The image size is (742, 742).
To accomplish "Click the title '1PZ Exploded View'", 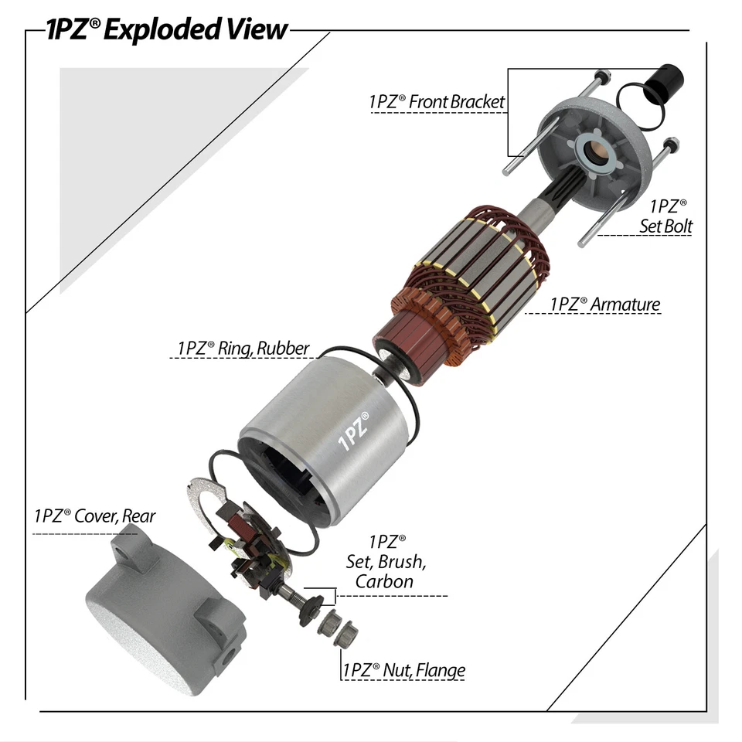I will click(166, 29).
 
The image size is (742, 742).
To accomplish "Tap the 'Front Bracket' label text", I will click(437, 101).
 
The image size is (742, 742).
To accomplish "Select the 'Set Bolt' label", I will click(665, 216).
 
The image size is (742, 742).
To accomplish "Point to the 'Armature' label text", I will click(605, 304).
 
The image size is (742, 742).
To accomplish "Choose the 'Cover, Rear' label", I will click(94, 516).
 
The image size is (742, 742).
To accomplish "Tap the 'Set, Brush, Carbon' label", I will click(384, 562).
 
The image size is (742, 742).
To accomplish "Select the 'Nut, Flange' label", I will click(404, 669).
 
